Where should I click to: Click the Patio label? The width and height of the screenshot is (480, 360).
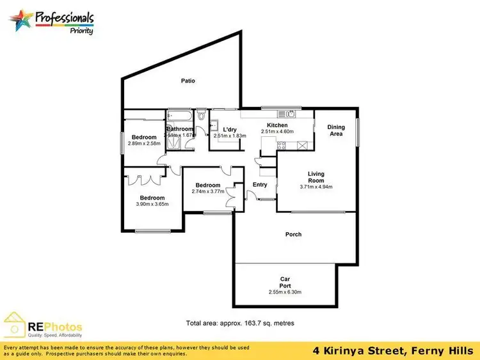(188, 81)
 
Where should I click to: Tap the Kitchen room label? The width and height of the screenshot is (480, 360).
(277, 125)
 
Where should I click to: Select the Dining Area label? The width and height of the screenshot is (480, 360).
(336, 130)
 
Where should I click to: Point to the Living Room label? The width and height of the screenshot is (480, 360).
(316, 177)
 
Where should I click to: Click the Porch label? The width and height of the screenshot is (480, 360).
(293, 234)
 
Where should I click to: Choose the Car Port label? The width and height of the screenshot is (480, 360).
(285, 281)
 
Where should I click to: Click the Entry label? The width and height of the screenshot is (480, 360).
(260, 185)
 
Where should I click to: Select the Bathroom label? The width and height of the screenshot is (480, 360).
(180, 129)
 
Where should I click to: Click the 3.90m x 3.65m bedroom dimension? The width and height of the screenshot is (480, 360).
(152, 204)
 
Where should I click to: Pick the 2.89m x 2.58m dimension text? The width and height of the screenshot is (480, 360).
(144, 143)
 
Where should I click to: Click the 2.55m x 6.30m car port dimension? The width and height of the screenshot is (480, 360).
(285, 292)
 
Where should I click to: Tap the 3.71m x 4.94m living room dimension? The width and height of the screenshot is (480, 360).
(316, 187)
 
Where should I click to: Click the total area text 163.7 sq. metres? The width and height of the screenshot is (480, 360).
(240, 324)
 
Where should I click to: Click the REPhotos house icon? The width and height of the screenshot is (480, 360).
(16, 325)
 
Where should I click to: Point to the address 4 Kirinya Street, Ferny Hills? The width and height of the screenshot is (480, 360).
(392, 350)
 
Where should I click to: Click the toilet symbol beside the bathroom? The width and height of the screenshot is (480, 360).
(202, 116)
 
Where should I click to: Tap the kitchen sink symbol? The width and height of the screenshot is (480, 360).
(290, 114)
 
